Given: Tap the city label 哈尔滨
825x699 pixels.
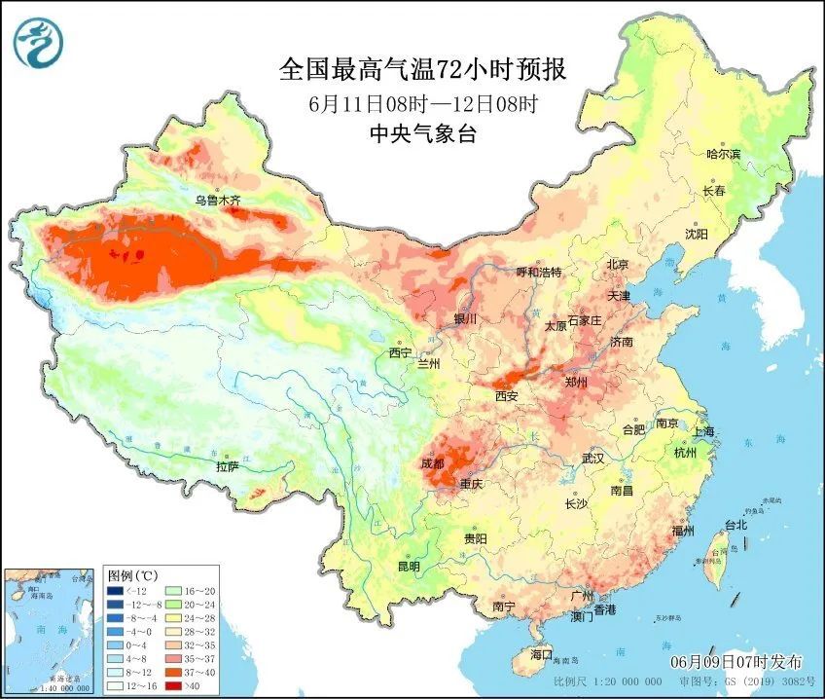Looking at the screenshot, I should coord(723,155).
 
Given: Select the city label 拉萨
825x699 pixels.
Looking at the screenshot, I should coord(227,466).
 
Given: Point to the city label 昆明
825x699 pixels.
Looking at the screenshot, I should coord(408,567).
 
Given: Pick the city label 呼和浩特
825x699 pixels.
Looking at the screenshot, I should coord(538,273).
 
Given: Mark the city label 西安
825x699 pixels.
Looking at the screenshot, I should coord(506,396).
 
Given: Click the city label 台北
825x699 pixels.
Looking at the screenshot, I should coord(735,525).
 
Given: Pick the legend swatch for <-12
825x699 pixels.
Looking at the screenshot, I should coord(116,591).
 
